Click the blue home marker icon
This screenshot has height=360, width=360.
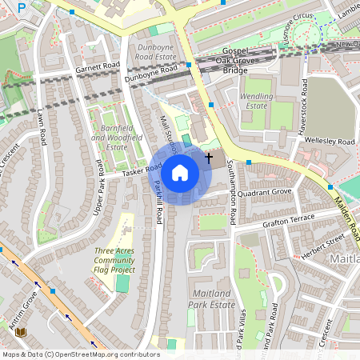180,173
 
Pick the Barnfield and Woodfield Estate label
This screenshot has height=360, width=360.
110,137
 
